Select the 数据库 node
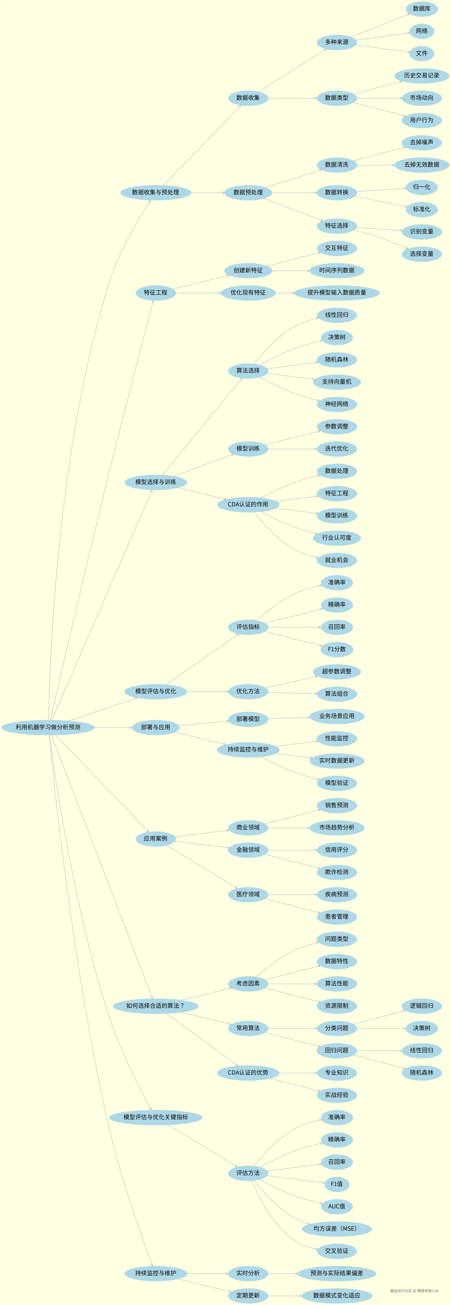coord(422,9)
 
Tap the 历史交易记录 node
coord(422,76)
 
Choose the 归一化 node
coord(422,187)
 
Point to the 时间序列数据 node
coord(337,271)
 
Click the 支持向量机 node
coord(337,382)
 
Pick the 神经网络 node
coord(337,404)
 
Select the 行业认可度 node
coord(337,538)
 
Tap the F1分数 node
coord(337,649)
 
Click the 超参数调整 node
coord(337,672)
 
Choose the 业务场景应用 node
coord(337,716)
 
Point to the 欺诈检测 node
coord(337,872)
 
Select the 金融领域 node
coord(248,850)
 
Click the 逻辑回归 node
coord(422,1006)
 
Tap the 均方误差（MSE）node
coord(337,1229)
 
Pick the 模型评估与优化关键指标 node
coord(156,1118)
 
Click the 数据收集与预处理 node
coord(156,193)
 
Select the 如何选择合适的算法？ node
coord(156,1006)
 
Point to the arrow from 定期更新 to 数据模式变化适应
coord(284,1296)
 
